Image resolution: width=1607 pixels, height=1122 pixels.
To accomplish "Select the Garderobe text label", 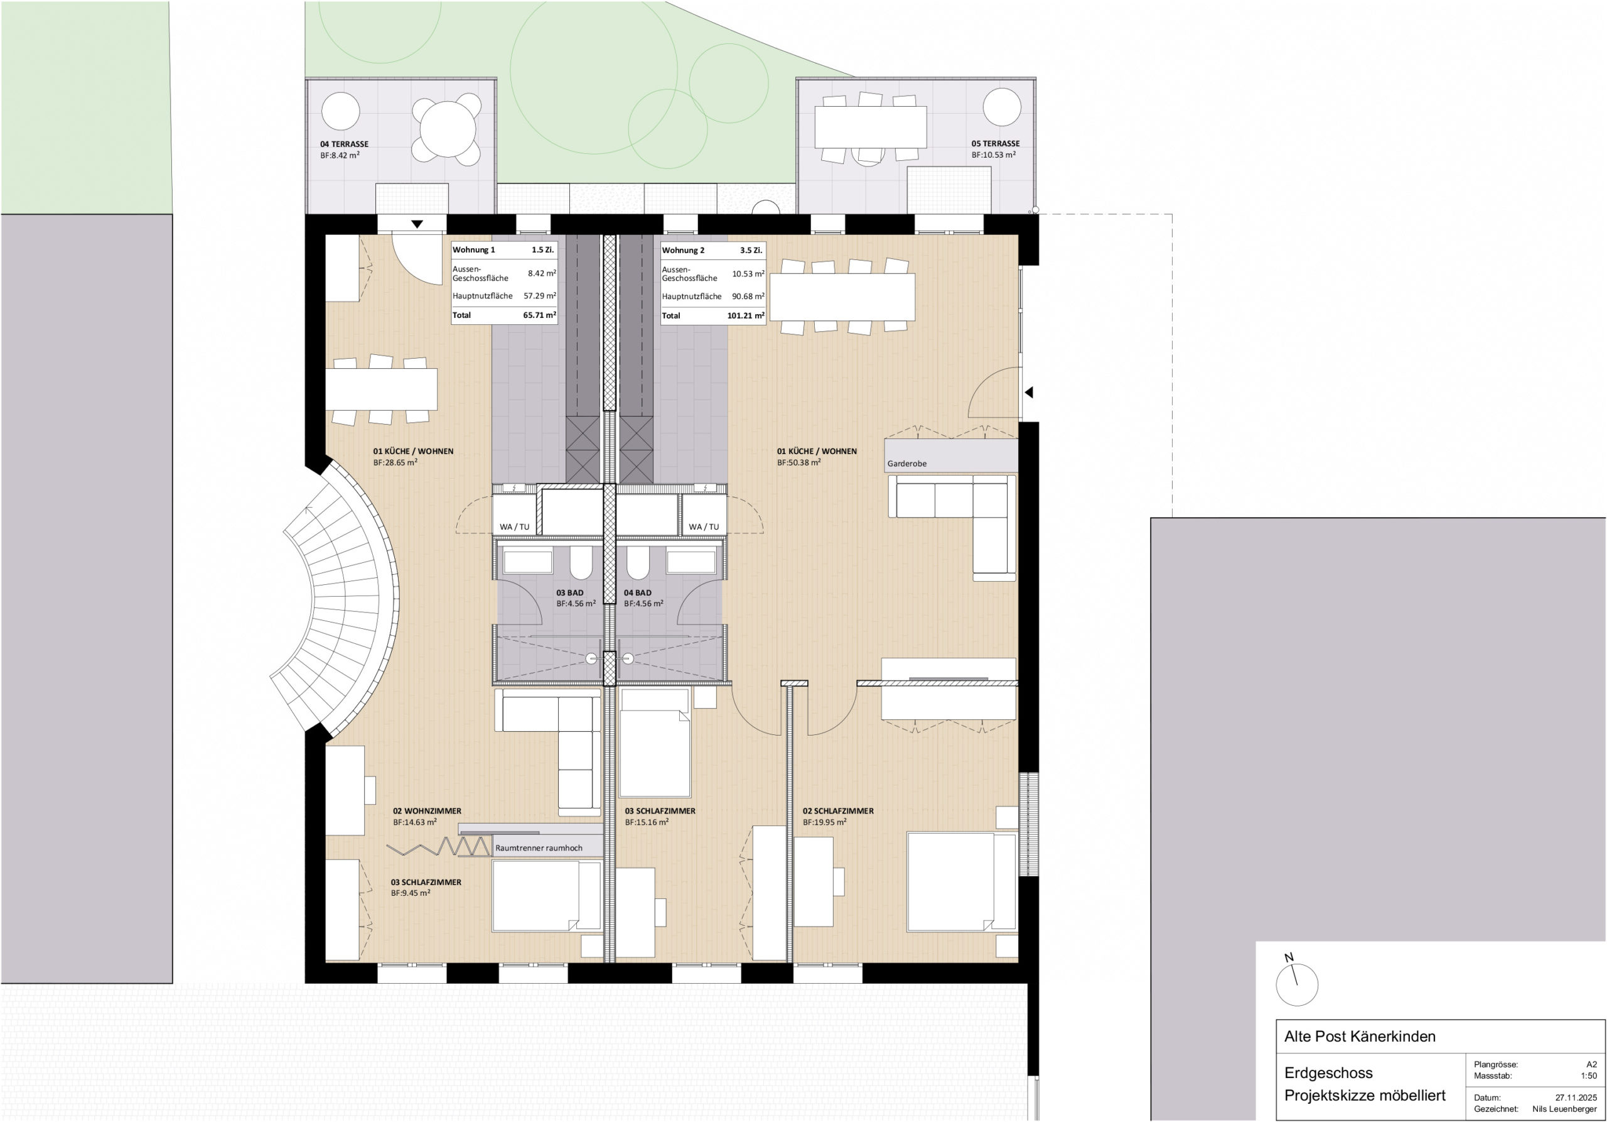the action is pyautogui.click(x=906, y=464).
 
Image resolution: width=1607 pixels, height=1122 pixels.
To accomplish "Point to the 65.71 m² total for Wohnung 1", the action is pyautogui.click(x=539, y=315).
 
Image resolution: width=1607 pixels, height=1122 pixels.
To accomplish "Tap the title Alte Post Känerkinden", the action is pyautogui.click(x=1359, y=1037).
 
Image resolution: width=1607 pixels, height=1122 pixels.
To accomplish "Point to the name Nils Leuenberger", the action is pyautogui.click(x=1564, y=1109).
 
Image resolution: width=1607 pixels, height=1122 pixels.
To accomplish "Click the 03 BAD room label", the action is pyautogui.click(x=570, y=592).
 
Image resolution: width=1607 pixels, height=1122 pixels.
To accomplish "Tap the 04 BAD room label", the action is pyautogui.click(x=638, y=592).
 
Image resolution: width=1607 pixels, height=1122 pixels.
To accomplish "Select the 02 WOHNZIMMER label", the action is pyautogui.click(x=427, y=811).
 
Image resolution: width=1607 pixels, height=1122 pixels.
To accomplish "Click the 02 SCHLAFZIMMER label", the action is pyautogui.click(x=838, y=811).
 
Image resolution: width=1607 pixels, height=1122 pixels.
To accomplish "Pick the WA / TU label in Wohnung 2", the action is pyautogui.click(x=704, y=526).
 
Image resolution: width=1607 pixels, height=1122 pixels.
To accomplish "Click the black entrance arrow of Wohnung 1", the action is pyautogui.click(x=417, y=224).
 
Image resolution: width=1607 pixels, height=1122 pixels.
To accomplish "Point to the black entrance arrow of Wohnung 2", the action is pyautogui.click(x=1028, y=393).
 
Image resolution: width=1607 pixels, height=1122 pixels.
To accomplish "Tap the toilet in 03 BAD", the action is pyautogui.click(x=580, y=562).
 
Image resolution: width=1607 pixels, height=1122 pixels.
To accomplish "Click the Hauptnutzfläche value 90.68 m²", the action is pyautogui.click(x=748, y=297).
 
